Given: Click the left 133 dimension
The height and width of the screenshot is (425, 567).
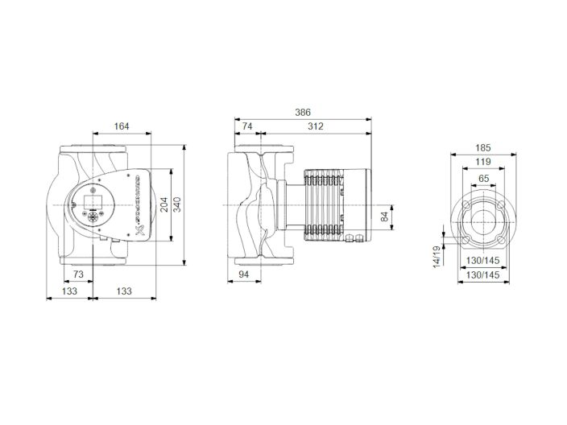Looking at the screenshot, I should tap(71, 291).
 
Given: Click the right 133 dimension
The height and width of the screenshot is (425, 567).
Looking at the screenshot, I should tap(123, 291).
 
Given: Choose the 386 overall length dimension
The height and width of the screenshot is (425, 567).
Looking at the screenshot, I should tap(302, 112).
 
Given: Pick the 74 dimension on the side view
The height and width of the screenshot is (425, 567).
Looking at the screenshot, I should tap(246, 126).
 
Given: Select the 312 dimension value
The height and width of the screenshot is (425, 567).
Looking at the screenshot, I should tap(314, 126).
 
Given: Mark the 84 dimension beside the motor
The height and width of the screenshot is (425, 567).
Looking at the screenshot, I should tap(384, 216).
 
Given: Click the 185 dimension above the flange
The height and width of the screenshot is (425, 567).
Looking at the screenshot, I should tap(483, 148).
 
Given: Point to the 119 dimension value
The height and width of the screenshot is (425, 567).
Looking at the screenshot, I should tap(483, 162).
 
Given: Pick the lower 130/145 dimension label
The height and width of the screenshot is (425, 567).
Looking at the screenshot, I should tap(483, 275).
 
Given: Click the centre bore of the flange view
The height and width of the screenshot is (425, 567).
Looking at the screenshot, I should tap(483, 217).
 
